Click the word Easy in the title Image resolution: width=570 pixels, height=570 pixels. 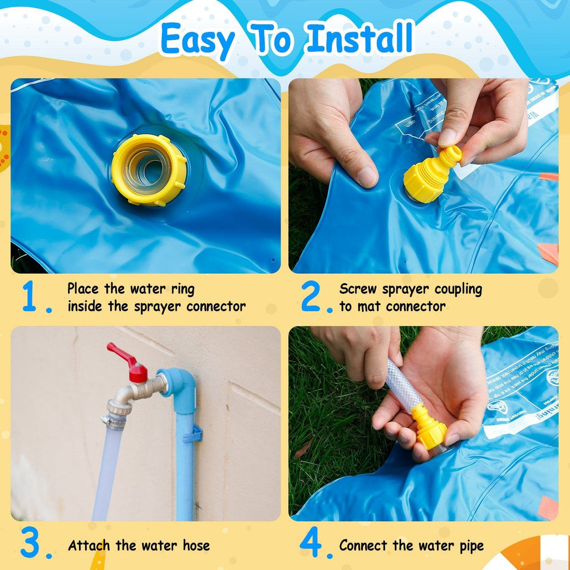point(197,40)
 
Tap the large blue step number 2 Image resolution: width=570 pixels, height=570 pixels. point(311,297)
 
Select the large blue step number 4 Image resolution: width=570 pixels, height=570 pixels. point(311,543)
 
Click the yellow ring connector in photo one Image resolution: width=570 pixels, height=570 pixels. point(149,170)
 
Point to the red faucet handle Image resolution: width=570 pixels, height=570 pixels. point(127,362)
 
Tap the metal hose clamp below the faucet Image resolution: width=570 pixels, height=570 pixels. point(114,421)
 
